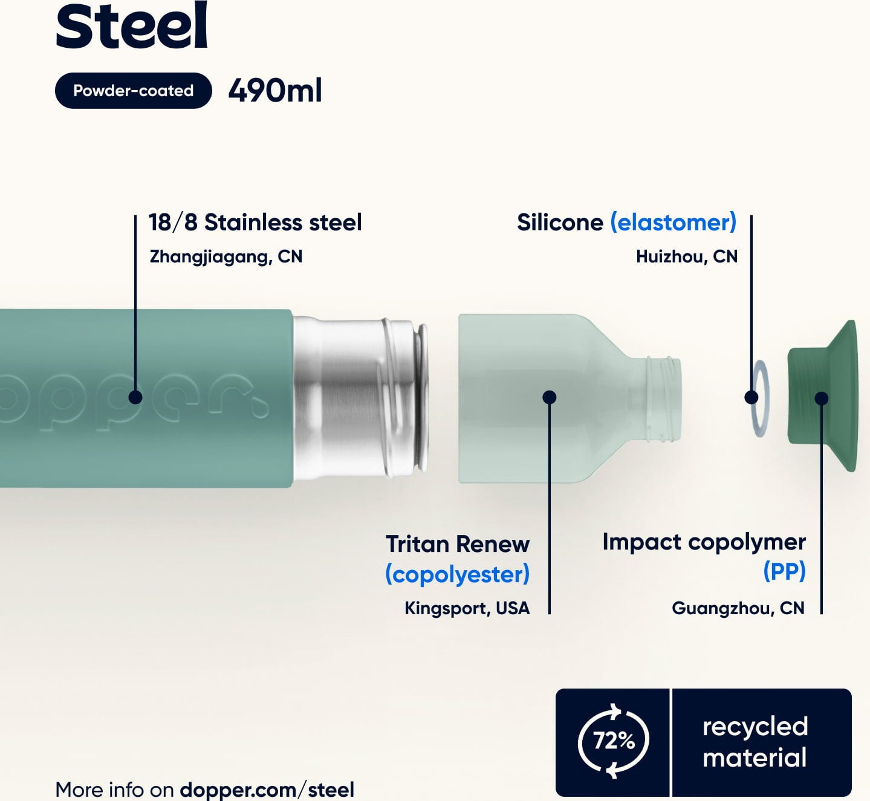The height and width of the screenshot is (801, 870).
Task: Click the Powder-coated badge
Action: pos(133,91)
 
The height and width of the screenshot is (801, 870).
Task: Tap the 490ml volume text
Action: pos(275,91)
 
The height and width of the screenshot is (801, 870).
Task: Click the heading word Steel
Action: pos(132,25)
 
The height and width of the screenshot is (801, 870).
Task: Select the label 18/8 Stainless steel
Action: pos(255,222)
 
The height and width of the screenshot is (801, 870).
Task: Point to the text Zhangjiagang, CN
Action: pos(226,257)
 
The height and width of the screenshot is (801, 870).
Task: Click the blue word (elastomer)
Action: pos(674,222)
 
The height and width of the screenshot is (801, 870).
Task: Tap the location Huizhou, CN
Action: pos(687,257)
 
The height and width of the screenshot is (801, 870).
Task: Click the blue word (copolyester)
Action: pos(458,574)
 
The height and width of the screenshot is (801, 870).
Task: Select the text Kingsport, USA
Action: pos(467,608)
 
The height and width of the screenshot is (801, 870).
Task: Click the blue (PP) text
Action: pos(784,571)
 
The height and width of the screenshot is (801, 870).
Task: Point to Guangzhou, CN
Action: pos(738,608)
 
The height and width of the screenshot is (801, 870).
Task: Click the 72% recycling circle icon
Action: pos(613,741)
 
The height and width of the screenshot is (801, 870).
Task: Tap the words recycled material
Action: pos(755,742)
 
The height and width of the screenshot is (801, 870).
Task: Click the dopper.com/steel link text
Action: pos(267,790)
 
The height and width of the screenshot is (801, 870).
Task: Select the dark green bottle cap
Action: pos(823,396)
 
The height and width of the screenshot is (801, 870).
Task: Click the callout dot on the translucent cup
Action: pos(550,397)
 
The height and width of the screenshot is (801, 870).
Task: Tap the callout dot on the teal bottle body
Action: pos(135,397)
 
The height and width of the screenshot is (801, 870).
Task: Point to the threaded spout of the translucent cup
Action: pos(664,398)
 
